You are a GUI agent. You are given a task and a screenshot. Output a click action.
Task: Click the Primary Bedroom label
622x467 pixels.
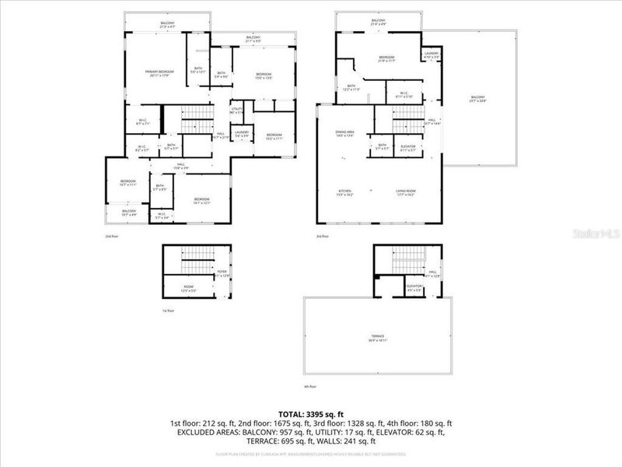(159, 73)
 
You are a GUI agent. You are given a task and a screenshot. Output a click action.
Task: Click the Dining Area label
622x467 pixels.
(345, 134)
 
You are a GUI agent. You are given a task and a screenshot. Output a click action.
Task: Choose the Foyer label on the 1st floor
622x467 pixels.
(222, 273)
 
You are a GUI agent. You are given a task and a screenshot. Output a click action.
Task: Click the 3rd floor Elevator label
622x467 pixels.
(408, 147)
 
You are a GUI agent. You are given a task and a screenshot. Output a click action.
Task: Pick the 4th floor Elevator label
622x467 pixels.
(414, 287)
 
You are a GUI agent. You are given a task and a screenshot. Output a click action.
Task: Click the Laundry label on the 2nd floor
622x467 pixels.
(242, 134)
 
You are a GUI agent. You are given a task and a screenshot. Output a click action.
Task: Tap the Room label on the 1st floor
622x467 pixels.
(188, 289)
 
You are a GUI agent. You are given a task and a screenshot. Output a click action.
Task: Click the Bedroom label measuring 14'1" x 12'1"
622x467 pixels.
(201, 202)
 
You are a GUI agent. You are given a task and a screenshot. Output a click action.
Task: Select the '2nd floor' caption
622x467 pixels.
(111, 236)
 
